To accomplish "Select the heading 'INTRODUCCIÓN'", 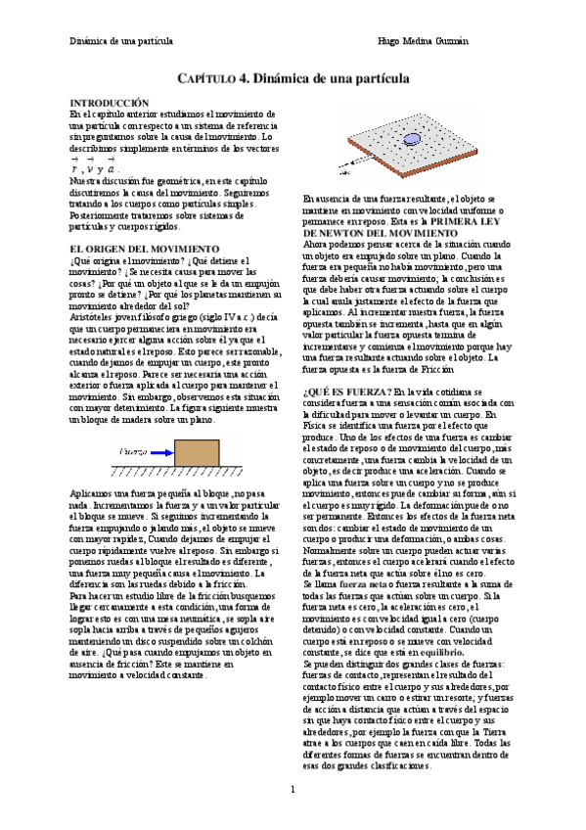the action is (109, 102).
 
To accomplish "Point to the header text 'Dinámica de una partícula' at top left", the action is (121, 41).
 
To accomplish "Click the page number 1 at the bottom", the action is (292, 788).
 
